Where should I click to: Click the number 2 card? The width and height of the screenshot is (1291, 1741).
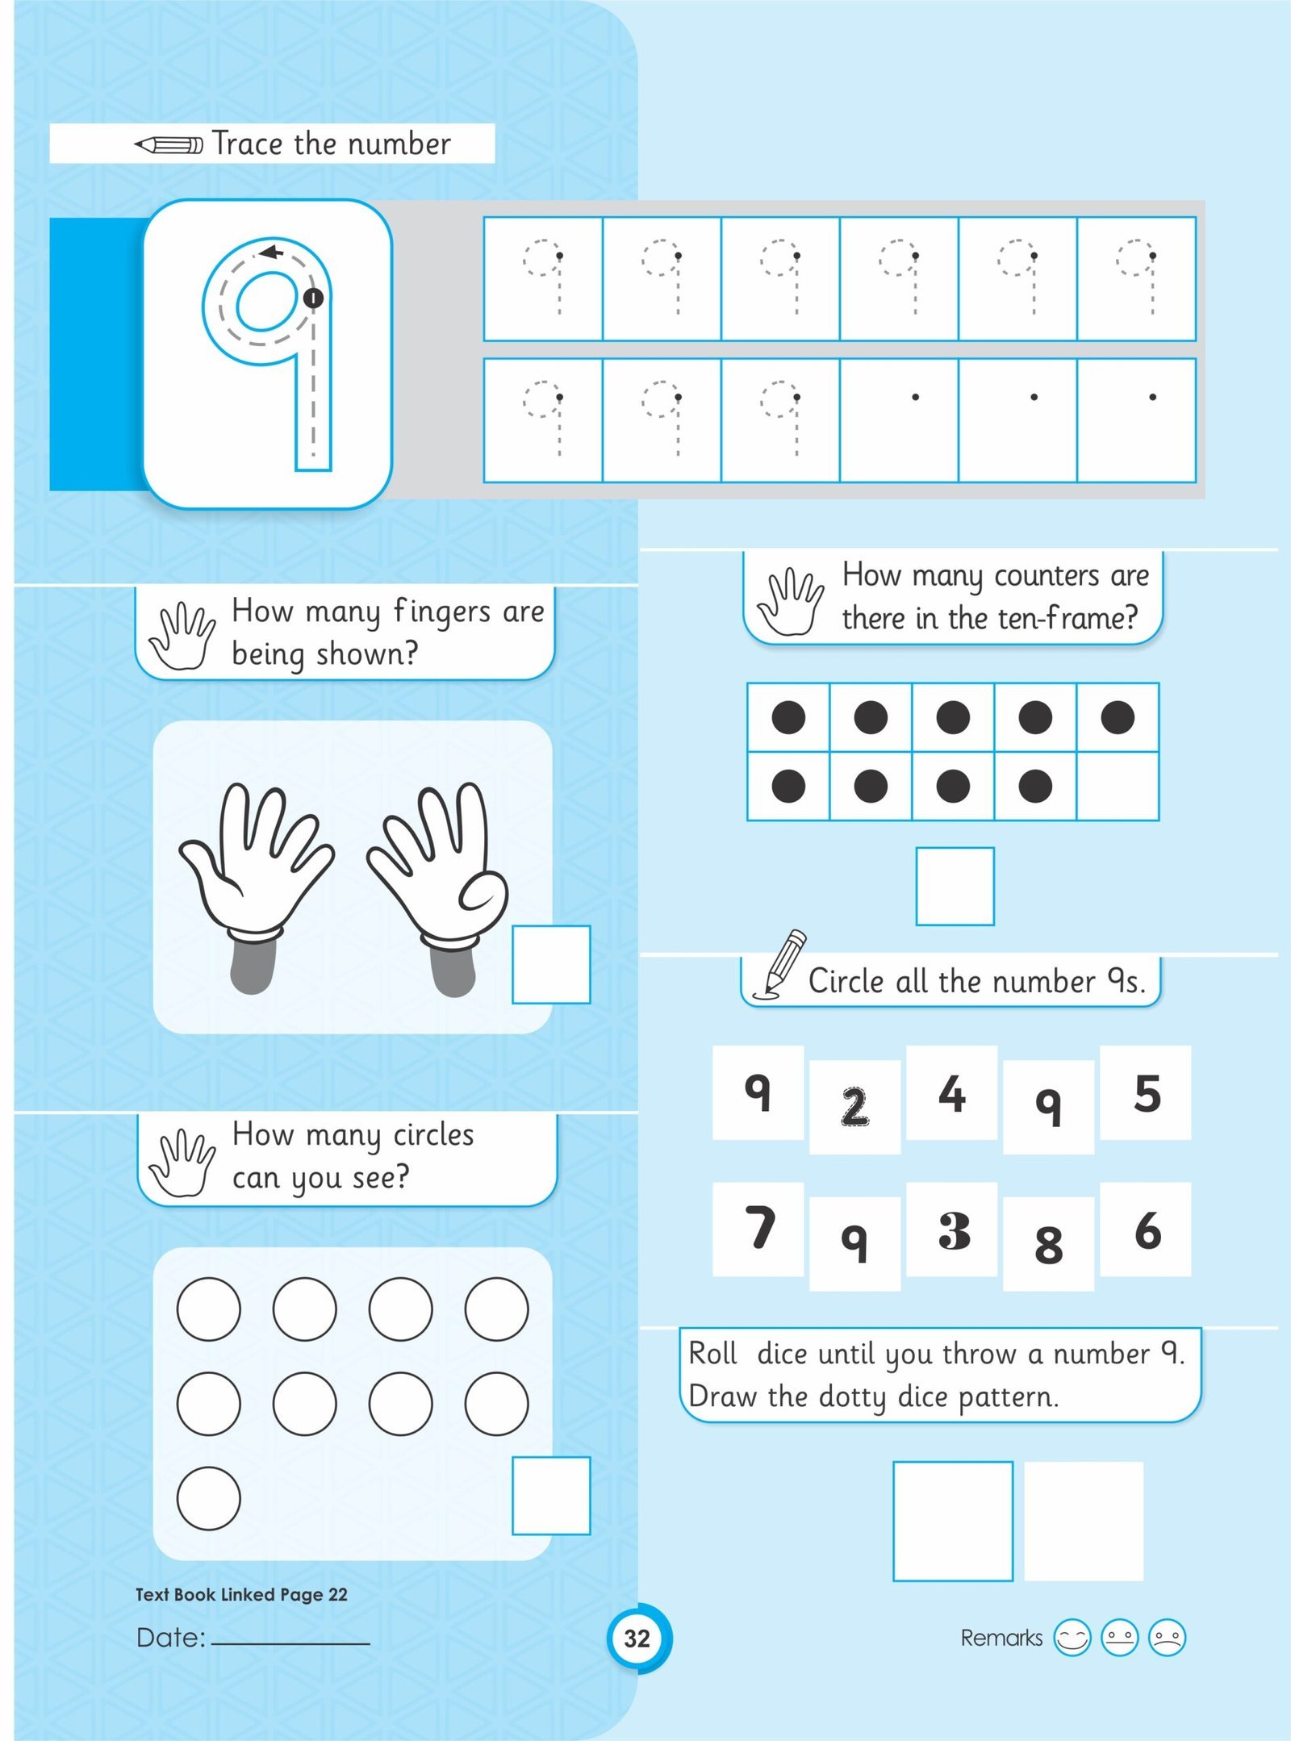pyautogui.click(x=854, y=1106)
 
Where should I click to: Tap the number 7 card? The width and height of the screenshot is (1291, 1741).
pyautogui.click(x=758, y=1229)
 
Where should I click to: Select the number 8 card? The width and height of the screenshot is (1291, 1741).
pyautogui.click(x=1048, y=1243)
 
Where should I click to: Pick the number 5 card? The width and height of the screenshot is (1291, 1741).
pyautogui.click(x=1145, y=1092)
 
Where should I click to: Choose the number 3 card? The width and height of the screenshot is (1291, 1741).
pyautogui.click(x=951, y=1229)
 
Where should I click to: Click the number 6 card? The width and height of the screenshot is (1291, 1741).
pyautogui.click(x=1145, y=1229)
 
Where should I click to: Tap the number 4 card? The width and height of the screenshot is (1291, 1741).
pyautogui.click(x=951, y=1092)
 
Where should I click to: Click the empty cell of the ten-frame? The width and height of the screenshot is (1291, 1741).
pyautogui.click(x=1118, y=787)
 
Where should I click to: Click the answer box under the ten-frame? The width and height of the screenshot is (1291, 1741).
pyautogui.click(x=955, y=886)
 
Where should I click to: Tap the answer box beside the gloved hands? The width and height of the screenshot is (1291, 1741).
pyautogui.click(x=551, y=965)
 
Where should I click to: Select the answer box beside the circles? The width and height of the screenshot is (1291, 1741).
pyautogui.click(x=551, y=1496)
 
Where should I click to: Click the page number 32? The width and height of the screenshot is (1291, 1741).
pyautogui.click(x=637, y=1638)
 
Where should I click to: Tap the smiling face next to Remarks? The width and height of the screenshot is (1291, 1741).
pyautogui.click(x=1072, y=1638)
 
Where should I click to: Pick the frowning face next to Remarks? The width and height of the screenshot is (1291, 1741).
pyautogui.click(x=1167, y=1638)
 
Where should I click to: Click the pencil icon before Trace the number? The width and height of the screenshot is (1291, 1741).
pyautogui.click(x=169, y=145)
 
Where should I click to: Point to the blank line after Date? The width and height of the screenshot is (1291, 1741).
pyautogui.click(x=290, y=1643)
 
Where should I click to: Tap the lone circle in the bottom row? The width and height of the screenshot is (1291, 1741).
pyautogui.click(x=208, y=1498)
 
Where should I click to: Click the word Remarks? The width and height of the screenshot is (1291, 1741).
pyautogui.click(x=1001, y=1638)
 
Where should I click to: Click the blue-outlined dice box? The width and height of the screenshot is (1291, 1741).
pyautogui.click(x=953, y=1521)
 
